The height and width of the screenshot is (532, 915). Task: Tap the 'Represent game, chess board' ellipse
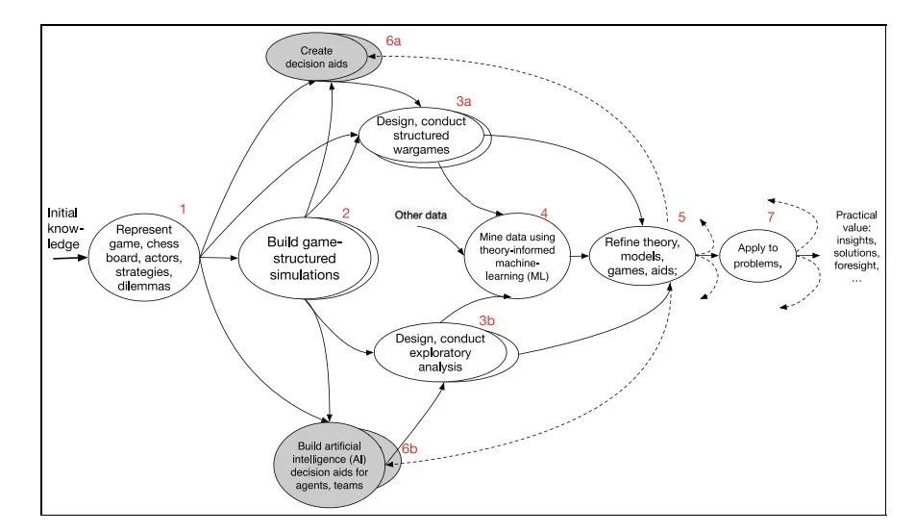[x=142, y=257]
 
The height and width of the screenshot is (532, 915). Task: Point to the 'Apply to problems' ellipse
[x=757, y=255]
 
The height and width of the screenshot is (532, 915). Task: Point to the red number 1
[x=184, y=207]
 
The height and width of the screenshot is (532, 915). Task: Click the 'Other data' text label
[x=421, y=214]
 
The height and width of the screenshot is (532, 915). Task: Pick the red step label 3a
[x=464, y=100]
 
